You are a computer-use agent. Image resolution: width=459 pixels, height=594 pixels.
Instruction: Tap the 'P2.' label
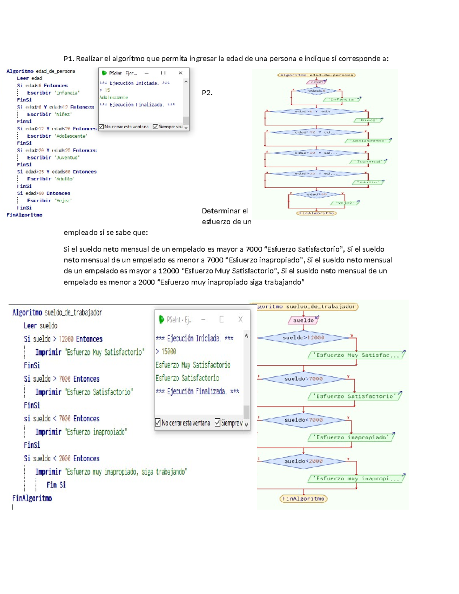[207, 93]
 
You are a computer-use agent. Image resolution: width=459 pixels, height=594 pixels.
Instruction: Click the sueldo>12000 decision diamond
[303, 338]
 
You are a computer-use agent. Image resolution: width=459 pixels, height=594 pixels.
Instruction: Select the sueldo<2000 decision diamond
[303, 461]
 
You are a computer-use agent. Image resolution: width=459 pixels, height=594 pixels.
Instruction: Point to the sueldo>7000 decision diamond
[303, 379]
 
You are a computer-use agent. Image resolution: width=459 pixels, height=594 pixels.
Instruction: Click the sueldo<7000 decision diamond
[303, 420]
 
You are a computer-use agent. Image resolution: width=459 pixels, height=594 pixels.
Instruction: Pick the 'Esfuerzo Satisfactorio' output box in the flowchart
[355, 396]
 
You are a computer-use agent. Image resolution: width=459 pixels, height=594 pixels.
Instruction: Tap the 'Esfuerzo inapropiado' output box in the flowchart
[351, 437]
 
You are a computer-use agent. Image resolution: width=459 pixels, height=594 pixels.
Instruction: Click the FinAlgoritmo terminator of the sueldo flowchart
[304, 499]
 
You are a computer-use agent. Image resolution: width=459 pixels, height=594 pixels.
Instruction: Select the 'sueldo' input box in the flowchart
[303, 320]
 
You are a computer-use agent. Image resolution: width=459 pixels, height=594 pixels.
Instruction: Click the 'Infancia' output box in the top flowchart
[342, 99]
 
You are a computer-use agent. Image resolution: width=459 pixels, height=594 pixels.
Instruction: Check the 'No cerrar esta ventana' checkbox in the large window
[158, 423]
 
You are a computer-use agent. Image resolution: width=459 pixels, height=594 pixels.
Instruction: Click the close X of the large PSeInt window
[240, 319]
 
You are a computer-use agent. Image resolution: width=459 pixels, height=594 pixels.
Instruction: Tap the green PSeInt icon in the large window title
[161, 319]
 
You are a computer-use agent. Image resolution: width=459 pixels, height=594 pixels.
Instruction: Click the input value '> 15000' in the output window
[166, 352]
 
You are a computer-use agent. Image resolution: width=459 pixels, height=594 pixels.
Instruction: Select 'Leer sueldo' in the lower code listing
[41, 326]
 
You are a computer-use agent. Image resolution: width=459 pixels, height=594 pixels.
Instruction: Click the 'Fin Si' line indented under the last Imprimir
[56, 485]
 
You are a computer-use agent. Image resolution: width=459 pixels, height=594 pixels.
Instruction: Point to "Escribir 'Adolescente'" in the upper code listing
[57, 136]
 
